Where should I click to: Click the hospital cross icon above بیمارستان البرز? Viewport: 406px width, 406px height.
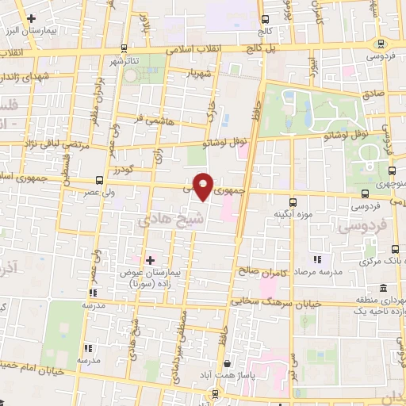click(x=31, y=17)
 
